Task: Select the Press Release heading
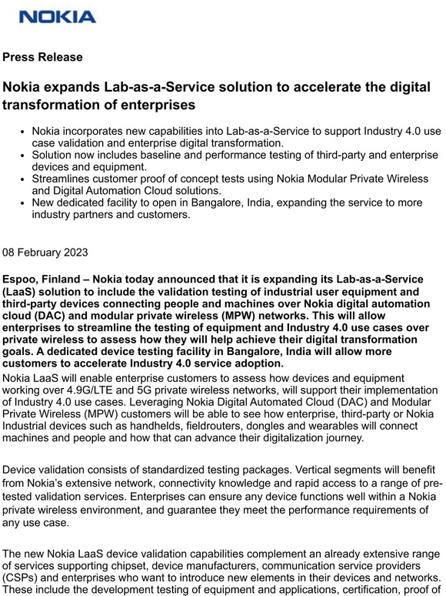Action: (x=42, y=57)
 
